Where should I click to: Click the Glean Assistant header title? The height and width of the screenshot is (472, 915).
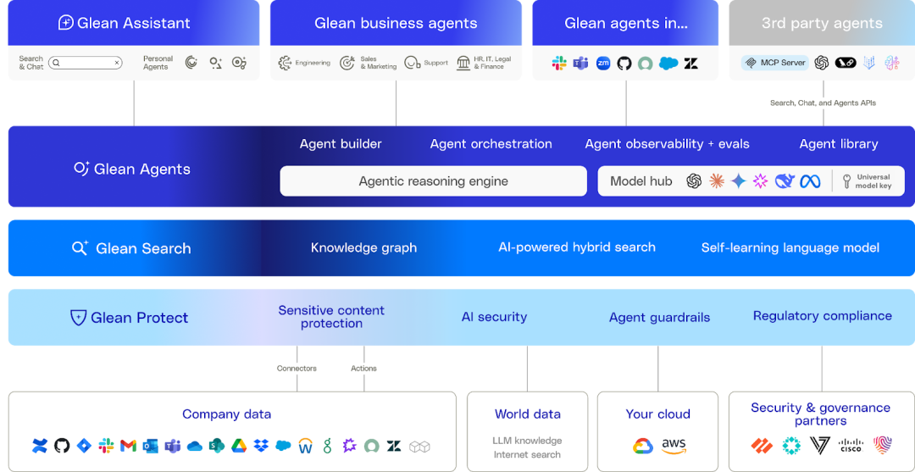(134, 23)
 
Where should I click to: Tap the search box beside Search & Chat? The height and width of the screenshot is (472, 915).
(86, 63)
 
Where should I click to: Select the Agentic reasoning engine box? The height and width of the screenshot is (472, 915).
(433, 181)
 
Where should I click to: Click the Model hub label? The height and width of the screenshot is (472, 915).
(640, 181)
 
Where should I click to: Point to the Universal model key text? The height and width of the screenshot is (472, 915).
(873, 181)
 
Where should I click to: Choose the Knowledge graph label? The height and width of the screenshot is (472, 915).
(363, 248)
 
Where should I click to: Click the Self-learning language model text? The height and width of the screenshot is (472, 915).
(790, 248)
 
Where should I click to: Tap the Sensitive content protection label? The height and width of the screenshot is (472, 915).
(331, 317)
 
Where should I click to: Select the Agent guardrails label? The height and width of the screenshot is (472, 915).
(659, 318)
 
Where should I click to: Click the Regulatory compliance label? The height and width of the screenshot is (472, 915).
(822, 316)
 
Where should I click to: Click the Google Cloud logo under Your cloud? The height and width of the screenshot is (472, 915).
(643, 446)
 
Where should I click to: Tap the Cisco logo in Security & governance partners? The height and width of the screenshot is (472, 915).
(850, 445)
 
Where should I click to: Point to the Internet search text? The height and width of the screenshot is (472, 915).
(527, 455)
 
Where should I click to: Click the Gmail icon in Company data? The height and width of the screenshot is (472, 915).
(128, 446)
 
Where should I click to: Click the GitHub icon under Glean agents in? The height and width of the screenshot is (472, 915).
(624, 64)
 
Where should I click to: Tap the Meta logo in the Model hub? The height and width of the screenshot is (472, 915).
(810, 181)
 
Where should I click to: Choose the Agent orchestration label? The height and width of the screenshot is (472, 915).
(491, 144)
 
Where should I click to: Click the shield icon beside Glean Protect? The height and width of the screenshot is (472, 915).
(78, 318)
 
